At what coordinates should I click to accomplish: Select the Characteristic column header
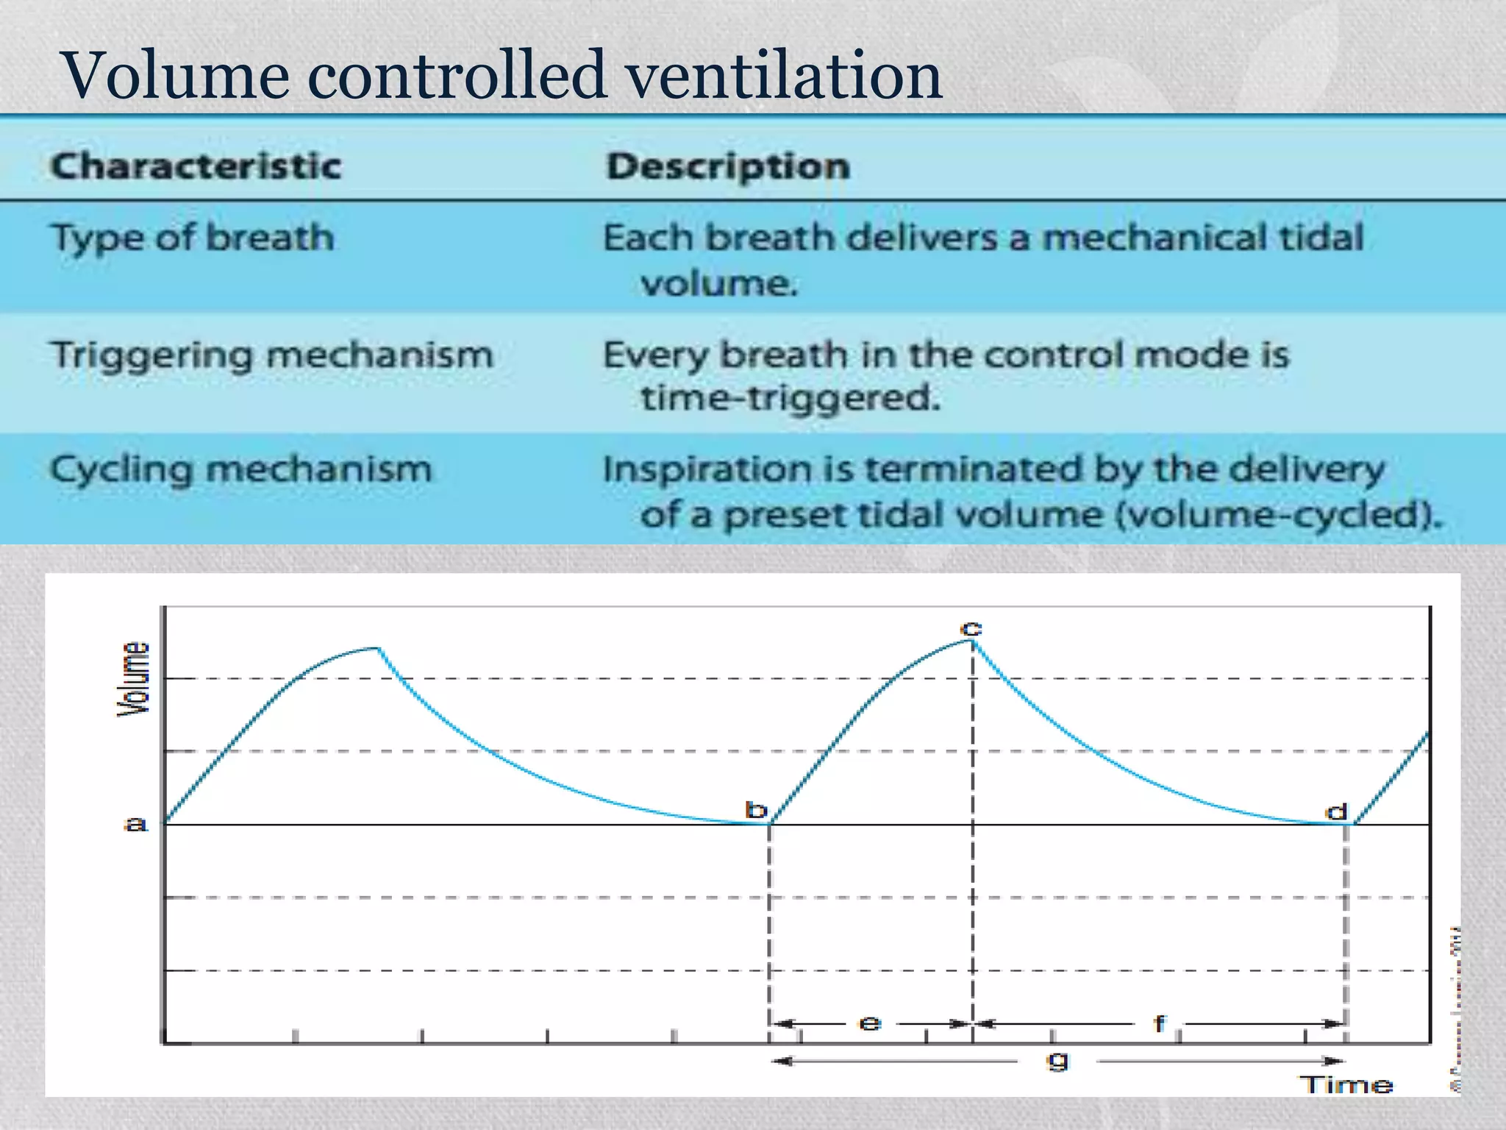point(196,166)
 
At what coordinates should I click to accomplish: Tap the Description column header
point(728,166)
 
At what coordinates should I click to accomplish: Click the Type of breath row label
point(193,238)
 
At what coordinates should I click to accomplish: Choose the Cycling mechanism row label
point(241,469)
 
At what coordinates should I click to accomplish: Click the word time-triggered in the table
point(791,399)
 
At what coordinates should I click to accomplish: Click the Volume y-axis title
point(134,678)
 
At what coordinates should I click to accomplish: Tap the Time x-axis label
point(1347,1084)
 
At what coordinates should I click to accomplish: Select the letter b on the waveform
point(756,810)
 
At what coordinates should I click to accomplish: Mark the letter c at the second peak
point(971,628)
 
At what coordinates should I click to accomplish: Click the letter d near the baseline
point(1335,811)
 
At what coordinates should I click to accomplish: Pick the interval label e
point(870,1023)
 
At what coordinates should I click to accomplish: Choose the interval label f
point(1160,1023)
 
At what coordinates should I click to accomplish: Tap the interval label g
point(1057,1060)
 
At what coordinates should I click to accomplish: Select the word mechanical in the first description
point(1155,238)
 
